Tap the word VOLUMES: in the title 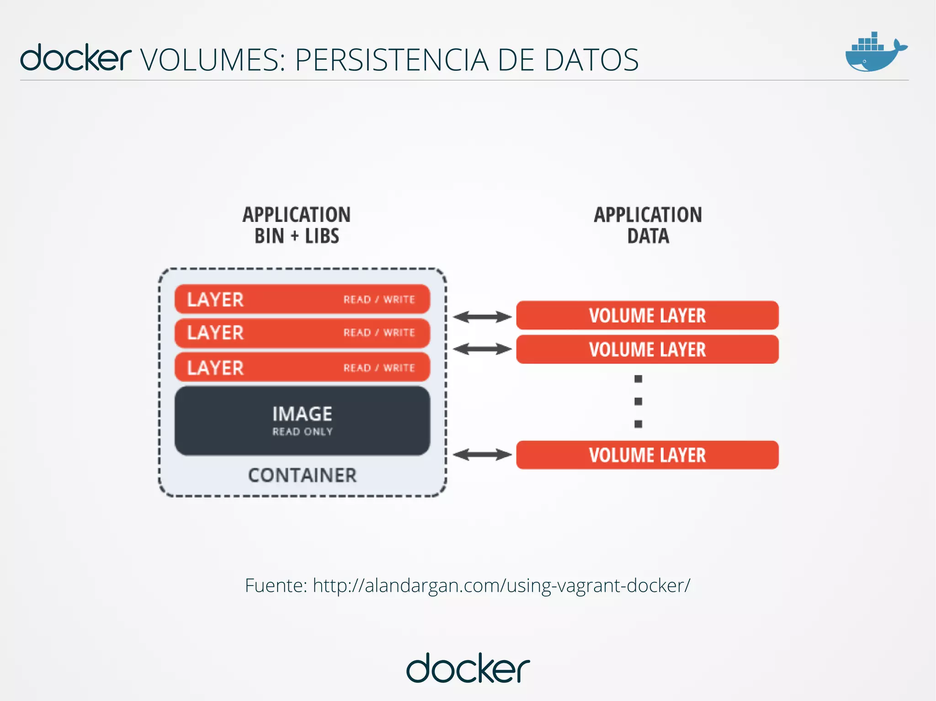(213, 60)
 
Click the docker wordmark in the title (75, 58)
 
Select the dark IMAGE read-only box (302, 421)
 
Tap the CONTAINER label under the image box (302, 475)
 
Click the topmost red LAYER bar (302, 299)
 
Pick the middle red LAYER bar (302, 333)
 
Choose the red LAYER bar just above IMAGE (302, 368)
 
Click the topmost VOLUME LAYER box (647, 315)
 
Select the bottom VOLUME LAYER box (647, 455)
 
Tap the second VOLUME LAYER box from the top (647, 349)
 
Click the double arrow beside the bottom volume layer (482, 454)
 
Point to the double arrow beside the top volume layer (482, 316)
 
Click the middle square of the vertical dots (638, 401)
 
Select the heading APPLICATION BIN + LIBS (297, 226)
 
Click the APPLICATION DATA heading (648, 226)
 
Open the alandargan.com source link (501, 585)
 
